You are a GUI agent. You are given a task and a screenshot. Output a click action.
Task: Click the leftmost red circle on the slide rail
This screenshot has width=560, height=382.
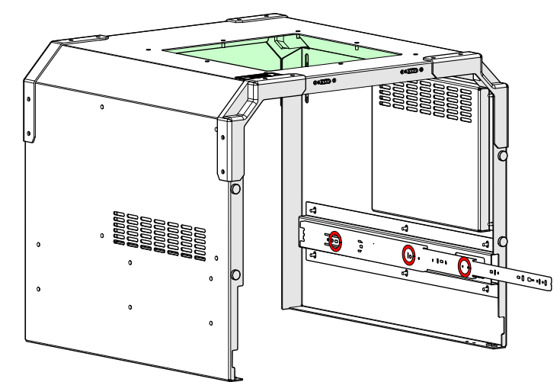click(x=334, y=242)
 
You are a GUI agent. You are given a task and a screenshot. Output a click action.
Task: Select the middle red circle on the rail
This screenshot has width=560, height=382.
click(x=408, y=255)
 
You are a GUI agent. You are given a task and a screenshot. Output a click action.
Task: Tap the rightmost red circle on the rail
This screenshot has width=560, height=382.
click(x=463, y=266)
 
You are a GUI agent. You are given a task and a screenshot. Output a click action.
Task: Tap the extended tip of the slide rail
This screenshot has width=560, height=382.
click(x=546, y=281)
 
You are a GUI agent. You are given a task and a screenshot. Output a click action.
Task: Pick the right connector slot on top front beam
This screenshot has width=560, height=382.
click(x=410, y=71)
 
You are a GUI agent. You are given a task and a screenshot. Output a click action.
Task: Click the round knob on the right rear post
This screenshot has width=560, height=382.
click(x=502, y=156)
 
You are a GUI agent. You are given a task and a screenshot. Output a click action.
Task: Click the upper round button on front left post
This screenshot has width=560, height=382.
click(x=235, y=188)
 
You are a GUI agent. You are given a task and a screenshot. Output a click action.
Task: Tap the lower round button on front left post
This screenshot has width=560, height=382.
click(x=235, y=274)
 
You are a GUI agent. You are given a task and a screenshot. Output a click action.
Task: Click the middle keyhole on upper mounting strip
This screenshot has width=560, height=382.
click(x=405, y=226)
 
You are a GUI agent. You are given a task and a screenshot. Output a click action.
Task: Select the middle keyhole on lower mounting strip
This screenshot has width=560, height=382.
click(x=405, y=272)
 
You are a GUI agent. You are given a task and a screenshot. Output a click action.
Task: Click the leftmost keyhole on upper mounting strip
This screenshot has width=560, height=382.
click(x=312, y=209)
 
